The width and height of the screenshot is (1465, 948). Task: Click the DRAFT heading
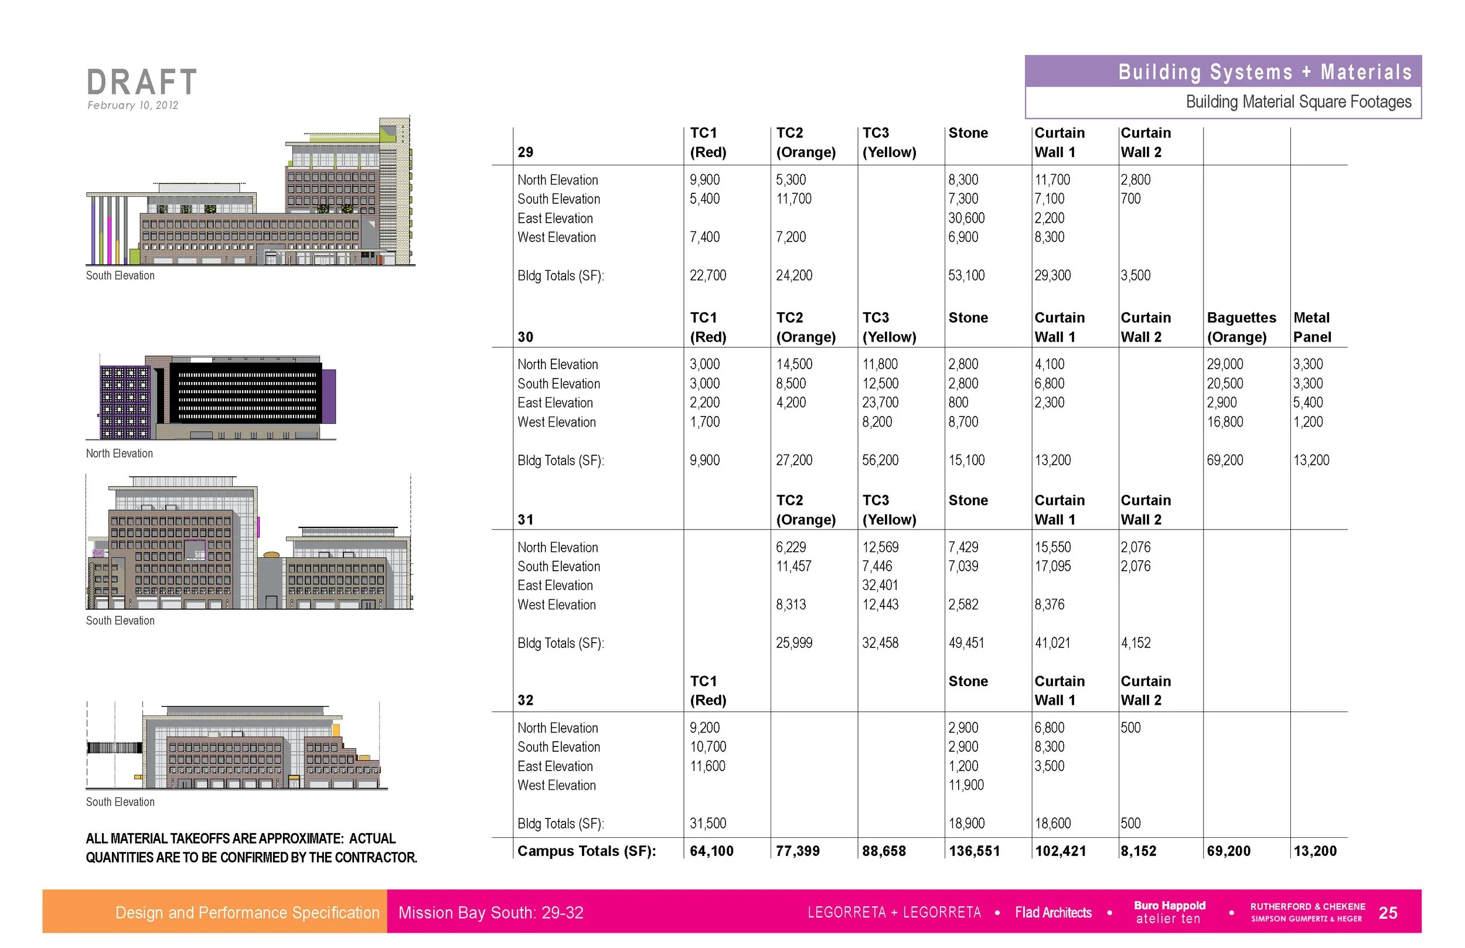click(142, 82)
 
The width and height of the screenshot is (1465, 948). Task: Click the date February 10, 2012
click(132, 105)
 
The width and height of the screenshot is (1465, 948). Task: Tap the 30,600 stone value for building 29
click(966, 218)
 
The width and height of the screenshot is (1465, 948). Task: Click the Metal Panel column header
click(1311, 327)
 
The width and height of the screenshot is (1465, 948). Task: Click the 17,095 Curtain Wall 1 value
click(1052, 567)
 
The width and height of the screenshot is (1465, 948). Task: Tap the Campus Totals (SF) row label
click(587, 851)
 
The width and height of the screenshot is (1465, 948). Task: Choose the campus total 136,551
click(975, 851)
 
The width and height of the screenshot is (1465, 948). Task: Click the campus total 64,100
click(711, 851)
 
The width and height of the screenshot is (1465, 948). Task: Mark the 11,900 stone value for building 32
click(966, 786)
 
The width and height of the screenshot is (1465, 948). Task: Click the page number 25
click(1388, 913)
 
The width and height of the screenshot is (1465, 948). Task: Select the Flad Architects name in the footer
click(1053, 913)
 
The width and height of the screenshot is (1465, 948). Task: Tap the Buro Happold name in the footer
click(1170, 906)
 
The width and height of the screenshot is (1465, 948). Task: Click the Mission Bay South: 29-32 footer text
click(490, 913)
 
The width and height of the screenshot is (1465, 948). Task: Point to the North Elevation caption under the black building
click(120, 453)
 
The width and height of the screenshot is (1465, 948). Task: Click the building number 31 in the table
click(525, 520)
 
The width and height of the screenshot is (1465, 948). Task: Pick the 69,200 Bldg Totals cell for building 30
click(1225, 461)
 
